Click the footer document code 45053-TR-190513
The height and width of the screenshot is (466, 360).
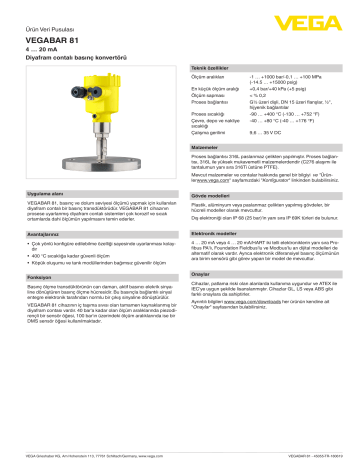tap(317, 458)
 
